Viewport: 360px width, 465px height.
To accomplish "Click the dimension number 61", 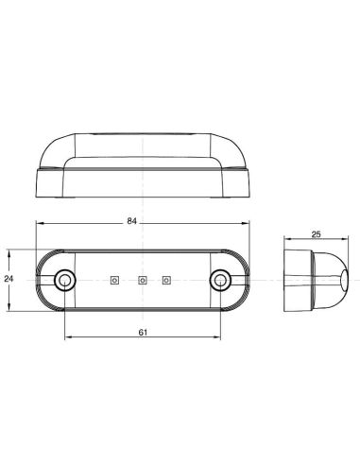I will pos(143,332).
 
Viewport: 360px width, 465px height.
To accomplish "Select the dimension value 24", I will pos(9,279).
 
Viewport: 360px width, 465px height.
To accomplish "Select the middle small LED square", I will pos(142,279).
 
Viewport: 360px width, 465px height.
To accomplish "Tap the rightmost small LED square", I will pos(167,279).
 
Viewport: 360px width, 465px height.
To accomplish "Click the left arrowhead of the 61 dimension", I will pos(67,338).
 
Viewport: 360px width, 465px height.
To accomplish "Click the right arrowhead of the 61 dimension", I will pos(219,338).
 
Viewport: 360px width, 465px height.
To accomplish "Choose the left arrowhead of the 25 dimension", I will pos(284,239).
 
